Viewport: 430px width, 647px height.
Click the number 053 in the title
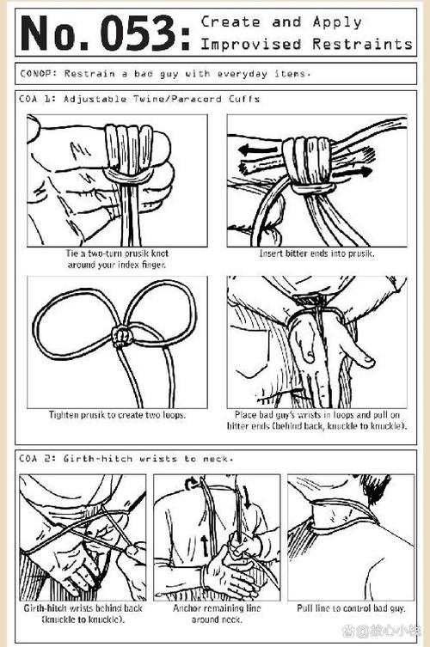coord(138,33)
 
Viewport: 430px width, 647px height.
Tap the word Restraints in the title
coord(362,44)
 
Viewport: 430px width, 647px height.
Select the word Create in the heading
coord(230,21)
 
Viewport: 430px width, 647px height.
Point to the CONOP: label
coord(39,74)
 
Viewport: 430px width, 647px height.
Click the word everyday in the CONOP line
coord(242,74)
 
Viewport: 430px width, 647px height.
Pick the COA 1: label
coord(36,99)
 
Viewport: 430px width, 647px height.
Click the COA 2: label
coord(36,459)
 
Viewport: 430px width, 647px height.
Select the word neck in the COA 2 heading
coord(218,459)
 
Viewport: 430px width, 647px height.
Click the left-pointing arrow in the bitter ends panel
coord(258,150)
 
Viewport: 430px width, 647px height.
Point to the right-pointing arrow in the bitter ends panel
coord(352,173)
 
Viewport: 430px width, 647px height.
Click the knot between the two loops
coord(122,337)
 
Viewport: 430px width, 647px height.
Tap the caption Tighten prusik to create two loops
coord(117,415)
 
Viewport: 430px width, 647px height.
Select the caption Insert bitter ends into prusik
coord(316,253)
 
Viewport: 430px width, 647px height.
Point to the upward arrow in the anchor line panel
coord(206,545)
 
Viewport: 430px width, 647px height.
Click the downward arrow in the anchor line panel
coord(247,497)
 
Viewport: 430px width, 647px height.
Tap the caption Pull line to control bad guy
coord(352,607)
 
